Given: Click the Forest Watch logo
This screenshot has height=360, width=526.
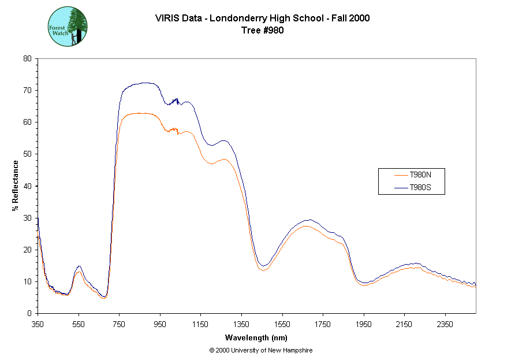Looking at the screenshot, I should click(x=68, y=27).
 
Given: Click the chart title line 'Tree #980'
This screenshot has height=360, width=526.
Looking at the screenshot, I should click(x=263, y=31).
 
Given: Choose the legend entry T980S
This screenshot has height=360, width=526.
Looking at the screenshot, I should click(x=420, y=187).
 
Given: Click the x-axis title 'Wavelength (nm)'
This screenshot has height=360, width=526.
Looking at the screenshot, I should click(x=257, y=338).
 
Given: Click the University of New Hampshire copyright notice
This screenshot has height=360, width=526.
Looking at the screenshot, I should click(x=261, y=350).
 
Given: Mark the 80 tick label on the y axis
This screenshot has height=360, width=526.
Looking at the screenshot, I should click(x=27, y=58).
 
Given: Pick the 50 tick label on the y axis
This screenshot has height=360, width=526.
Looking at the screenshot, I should click(x=27, y=154).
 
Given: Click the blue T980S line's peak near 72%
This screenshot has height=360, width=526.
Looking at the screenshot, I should click(x=144, y=83).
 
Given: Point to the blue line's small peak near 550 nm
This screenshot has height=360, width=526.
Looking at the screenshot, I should click(x=79, y=266).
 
